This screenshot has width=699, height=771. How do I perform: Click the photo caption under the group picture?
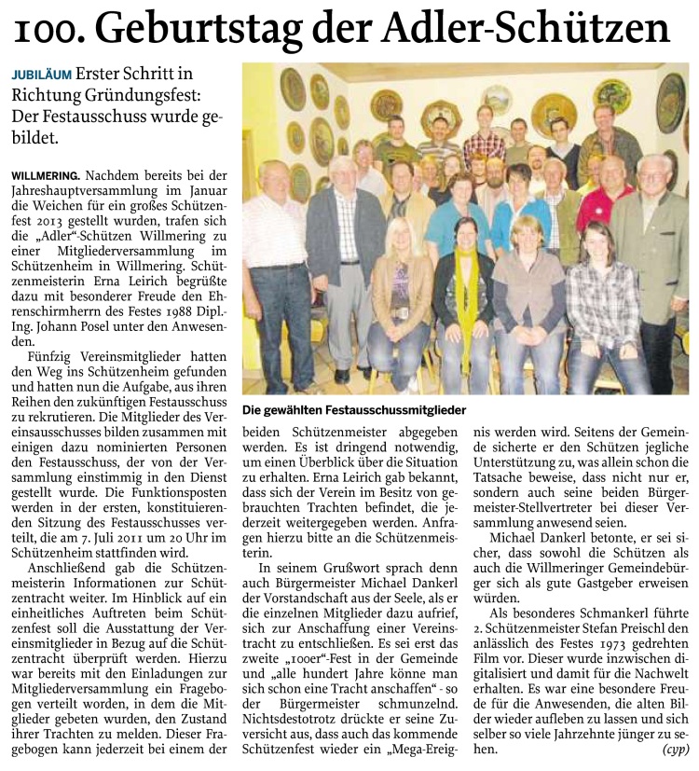click(353, 410)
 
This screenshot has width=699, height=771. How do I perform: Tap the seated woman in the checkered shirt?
click(602, 298)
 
